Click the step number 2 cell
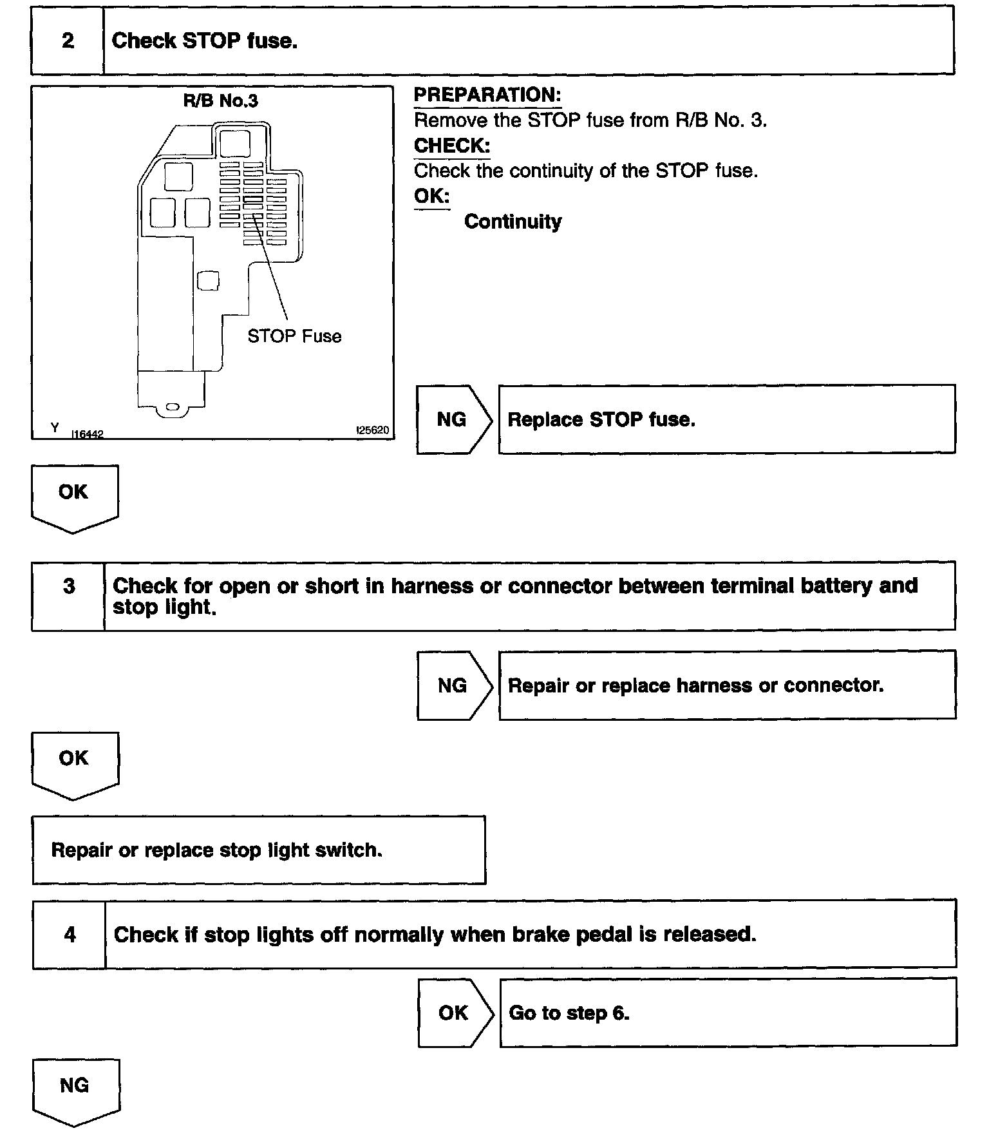click(x=68, y=41)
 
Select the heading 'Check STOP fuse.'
click(x=204, y=41)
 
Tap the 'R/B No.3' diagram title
click(x=221, y=101)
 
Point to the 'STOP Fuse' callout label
click(x=294, y=336)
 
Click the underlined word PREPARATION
click(x=487, y=95)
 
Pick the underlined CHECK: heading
click(x=452, y=146)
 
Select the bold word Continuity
click(x=513, y=222)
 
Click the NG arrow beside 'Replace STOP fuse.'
click(x=453, y=420)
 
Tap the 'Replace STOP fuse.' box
click(x=726, y=420)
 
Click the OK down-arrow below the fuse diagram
click(x=74, y=497)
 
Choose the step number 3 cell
click(x=69, y=587)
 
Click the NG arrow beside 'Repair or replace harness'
click(x=453, y=685)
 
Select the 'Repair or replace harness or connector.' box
click(x=727, y=685)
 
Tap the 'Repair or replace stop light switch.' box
click(x=259, y=850)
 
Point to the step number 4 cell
click(x=70, y=935)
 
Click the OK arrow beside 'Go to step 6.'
click(x=454, y=1013)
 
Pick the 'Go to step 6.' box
click(x=728, y=1013)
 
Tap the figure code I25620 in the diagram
click(x=373, y=430)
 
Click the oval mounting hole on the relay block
click(x=172, y=407)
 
